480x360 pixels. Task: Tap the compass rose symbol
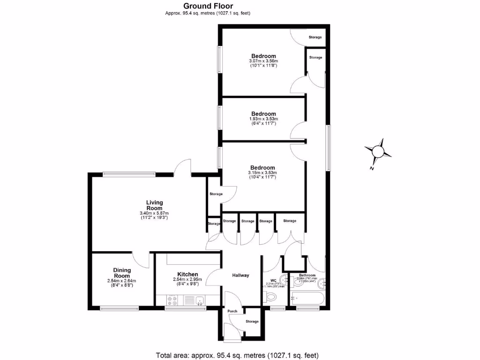coord(378,151)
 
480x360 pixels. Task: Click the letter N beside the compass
coord(371,168)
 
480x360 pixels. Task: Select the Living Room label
coord(154,205)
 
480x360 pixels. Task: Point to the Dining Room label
coord(121,273)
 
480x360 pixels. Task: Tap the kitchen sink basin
coord(199,300)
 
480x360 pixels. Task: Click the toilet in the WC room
coord(271,296)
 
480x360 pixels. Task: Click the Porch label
coord(232,311)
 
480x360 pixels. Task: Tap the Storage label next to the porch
coord(252,322)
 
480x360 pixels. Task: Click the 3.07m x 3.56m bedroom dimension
coord(263,61)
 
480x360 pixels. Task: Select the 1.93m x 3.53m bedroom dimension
coord(263,119)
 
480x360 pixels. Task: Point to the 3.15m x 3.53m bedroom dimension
coord(262,173)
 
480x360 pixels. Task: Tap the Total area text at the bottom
coord(240,354)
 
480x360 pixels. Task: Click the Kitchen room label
coord(187,274)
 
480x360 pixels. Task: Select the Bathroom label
coord(307,275)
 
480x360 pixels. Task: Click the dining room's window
coord(120,308)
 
